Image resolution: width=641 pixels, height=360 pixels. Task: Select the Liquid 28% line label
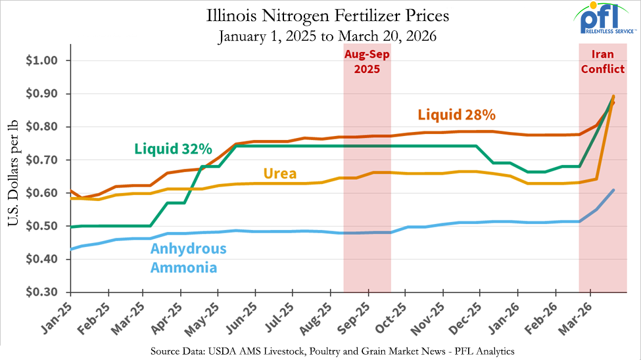456,115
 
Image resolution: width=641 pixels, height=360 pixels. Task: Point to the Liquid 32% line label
174,148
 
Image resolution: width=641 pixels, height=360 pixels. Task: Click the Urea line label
280,174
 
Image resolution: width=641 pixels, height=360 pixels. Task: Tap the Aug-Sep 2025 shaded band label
367,62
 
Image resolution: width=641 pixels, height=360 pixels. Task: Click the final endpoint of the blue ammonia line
613,190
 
